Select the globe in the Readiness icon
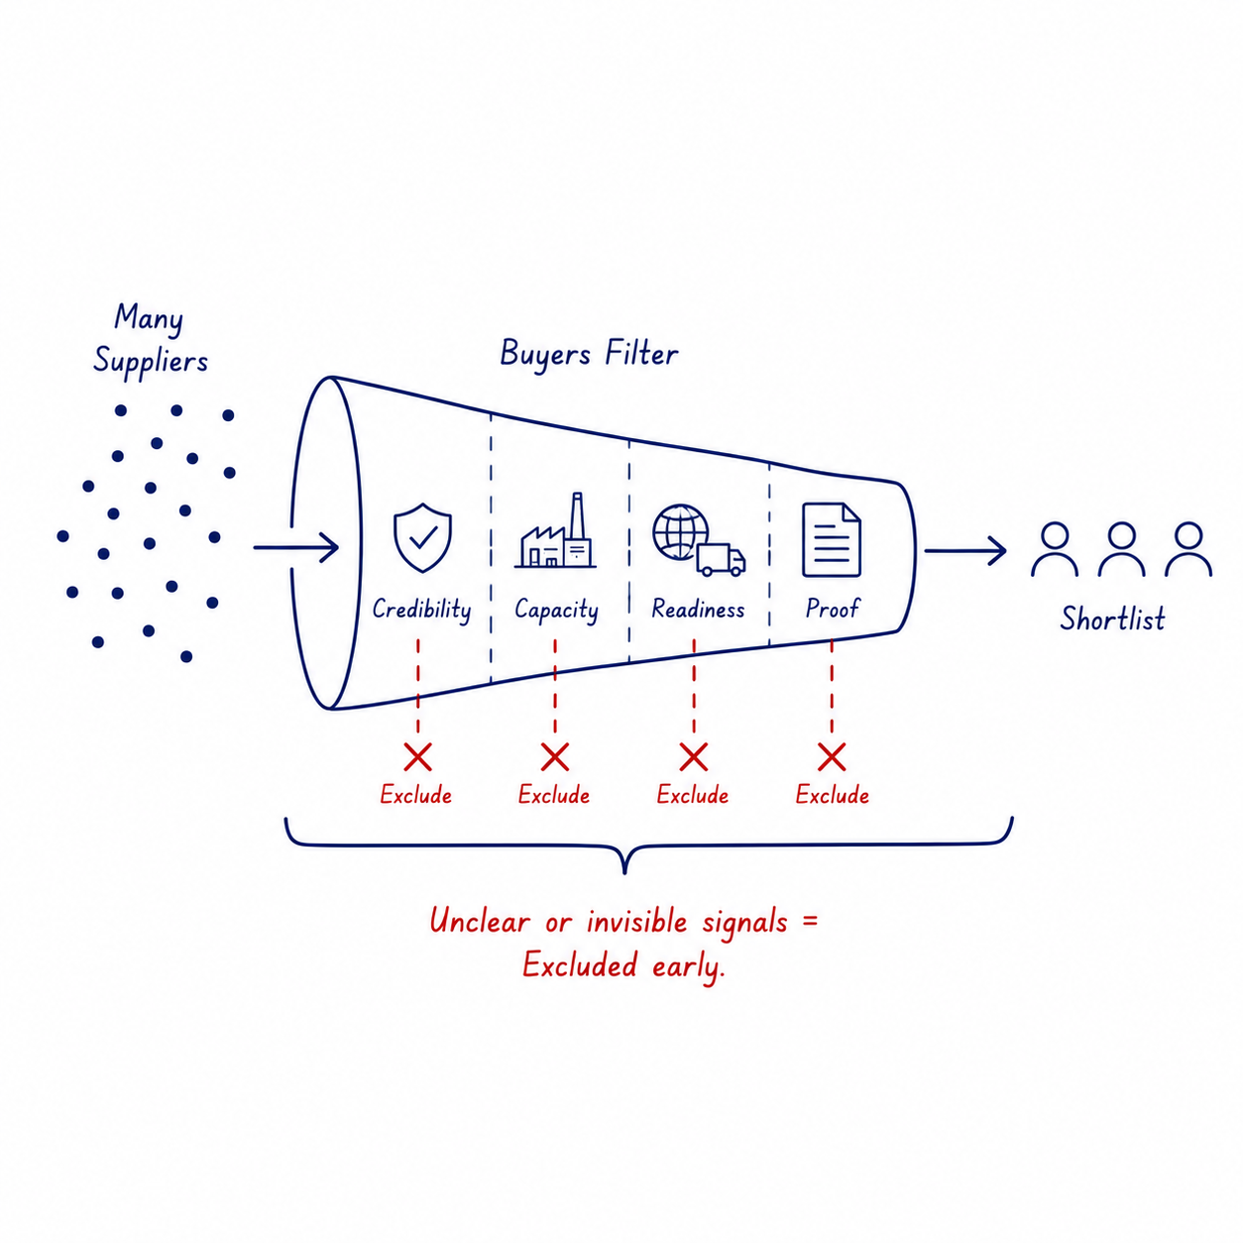679,531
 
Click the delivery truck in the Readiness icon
721,559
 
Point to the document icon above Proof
831,539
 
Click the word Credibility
422,610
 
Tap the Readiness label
698,609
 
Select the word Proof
832,608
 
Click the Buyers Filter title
589,354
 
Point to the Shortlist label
1113,619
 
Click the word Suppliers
151,361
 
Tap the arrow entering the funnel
296,547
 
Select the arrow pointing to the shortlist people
965,551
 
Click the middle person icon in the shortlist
1122,549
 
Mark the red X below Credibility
418,757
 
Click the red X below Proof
832,757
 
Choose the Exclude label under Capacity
554,795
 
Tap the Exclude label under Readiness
693,795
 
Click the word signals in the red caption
745,923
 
